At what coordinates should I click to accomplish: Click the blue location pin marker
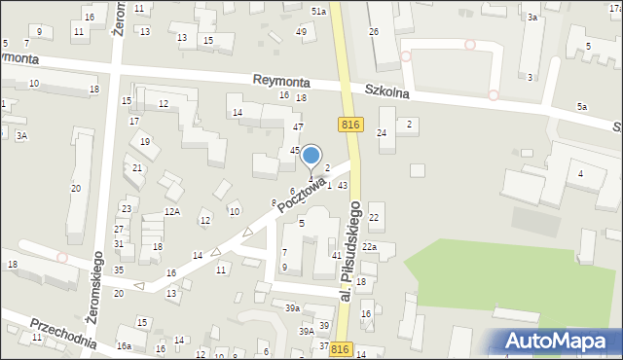[x=311, y=156]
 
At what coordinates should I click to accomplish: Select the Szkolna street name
[x=389, y=93]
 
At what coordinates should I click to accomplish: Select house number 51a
[x=318, y=10]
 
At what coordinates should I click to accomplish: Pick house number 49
[x=302, y=32]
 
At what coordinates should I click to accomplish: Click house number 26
[x=373, y=32]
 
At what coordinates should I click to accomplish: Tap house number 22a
[x=370, y=247]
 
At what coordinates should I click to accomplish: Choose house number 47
[x=299, y=127]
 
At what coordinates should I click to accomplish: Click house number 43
[x=343, y=186]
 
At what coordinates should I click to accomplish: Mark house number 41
[x=336, y=255]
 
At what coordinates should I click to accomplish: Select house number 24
[x=382, y=132]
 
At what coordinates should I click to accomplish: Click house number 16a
[x=124, y=346]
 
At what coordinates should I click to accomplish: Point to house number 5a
[x=582, y=106]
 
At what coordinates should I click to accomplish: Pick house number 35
[x=118, y=270]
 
